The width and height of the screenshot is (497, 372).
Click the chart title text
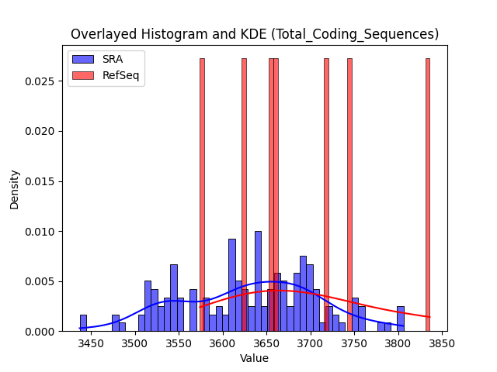(x=255, y=34)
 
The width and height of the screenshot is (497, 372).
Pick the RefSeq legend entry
(x=106, y=76)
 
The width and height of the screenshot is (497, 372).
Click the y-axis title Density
(x=14, y=190)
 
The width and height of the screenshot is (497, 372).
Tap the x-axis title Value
(x=254, y=358)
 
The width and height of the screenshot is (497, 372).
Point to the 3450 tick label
(x=92, y=343)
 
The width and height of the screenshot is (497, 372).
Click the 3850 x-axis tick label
(x=442, y=343)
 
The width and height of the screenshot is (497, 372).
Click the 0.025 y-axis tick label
(x=40, y=81)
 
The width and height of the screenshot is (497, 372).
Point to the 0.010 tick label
(x=40, y=232)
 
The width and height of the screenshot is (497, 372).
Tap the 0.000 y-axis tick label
(x=40, y=332)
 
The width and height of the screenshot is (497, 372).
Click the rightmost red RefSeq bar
(x=428, y=195)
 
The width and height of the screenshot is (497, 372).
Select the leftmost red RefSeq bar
(x=202, y=195)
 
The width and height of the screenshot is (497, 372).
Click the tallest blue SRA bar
(x=259, y=281)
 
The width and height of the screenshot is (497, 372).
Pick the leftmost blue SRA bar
(x=83, y=323)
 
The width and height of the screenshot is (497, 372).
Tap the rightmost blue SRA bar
(x=401, y=319)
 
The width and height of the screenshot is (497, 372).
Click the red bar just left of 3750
(x=350, y=195)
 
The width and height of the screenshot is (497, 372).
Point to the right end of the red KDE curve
(x=429, y=317)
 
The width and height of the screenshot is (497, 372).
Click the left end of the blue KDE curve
(x=80, y=328)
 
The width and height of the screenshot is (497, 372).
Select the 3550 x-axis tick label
(x=179, y=343)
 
